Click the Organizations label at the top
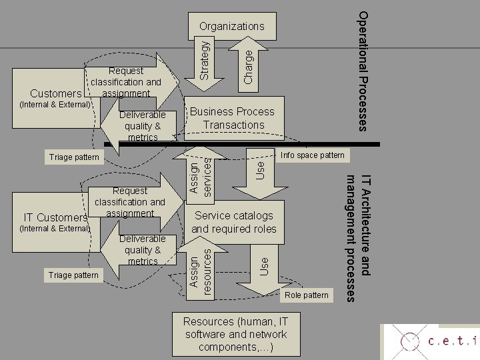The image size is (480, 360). click(x=232, y=27)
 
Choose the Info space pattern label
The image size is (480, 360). click(x=313, y=155)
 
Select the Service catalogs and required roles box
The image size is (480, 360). click(x=233, y=222)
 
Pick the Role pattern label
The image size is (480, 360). click(x=306, y=295)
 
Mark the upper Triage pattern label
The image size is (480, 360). click(x=74, y=158)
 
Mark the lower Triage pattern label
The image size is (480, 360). click(x=73, y=275)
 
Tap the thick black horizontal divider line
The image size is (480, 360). click(x=240, y=144)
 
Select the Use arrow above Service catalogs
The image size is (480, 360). click(x=261, y=172)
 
